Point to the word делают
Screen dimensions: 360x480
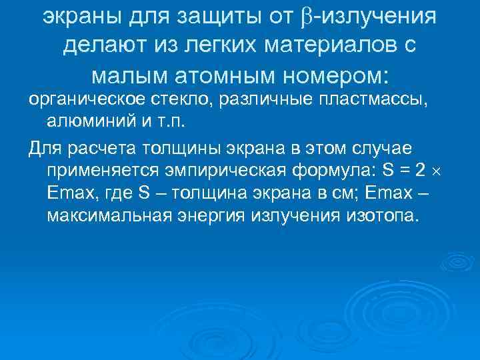103,46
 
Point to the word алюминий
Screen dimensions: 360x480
84,123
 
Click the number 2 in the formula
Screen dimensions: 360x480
419,169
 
